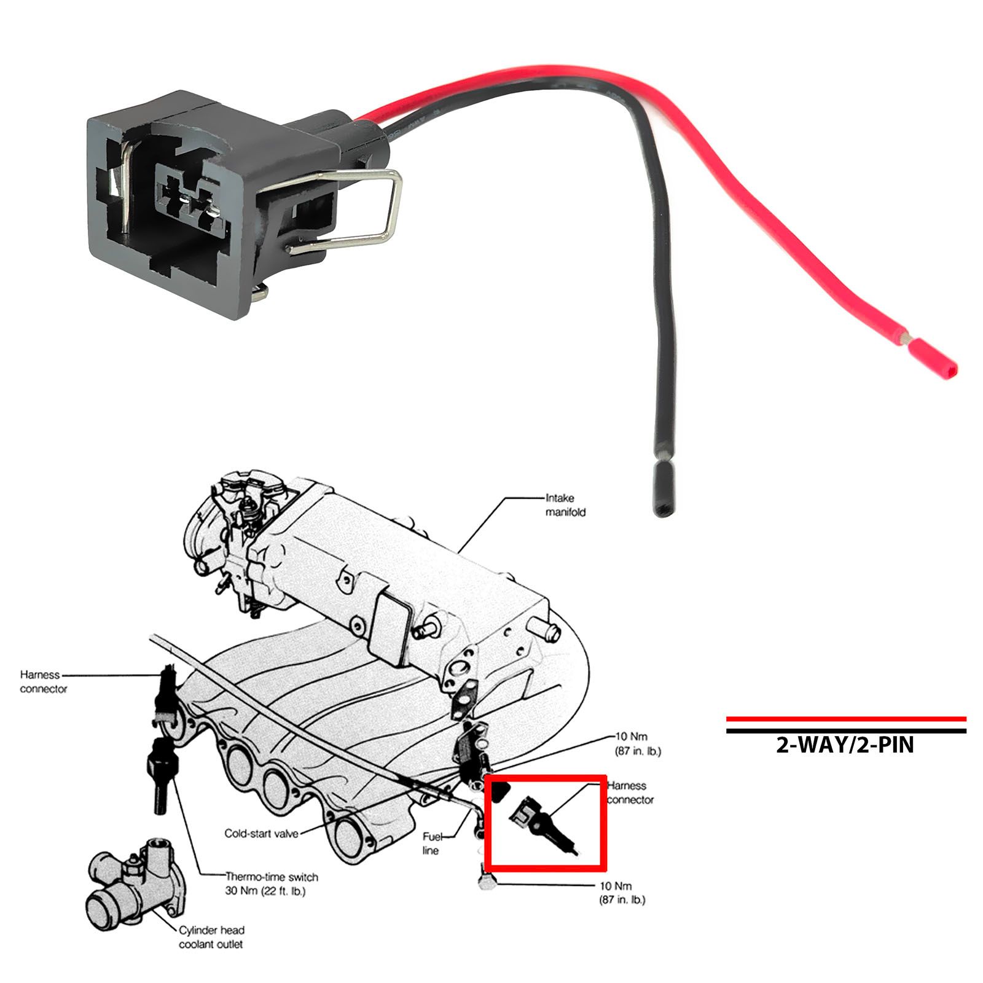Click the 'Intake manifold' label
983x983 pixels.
pos(566,505)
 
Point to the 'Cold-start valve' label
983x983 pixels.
pos(261,834)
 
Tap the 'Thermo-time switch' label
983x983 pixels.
pos(272,877)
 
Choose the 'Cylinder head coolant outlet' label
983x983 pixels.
pos(211,937)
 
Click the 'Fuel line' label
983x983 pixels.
pos(431,844)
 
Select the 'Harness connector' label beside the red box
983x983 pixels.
pos(630,793)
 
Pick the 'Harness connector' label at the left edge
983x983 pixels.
pos(43,682)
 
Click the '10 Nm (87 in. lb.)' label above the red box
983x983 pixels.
pos(638,743)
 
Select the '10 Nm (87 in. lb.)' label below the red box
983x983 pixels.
pos(622,893)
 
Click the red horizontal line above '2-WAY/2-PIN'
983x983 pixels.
pos(846,718)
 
